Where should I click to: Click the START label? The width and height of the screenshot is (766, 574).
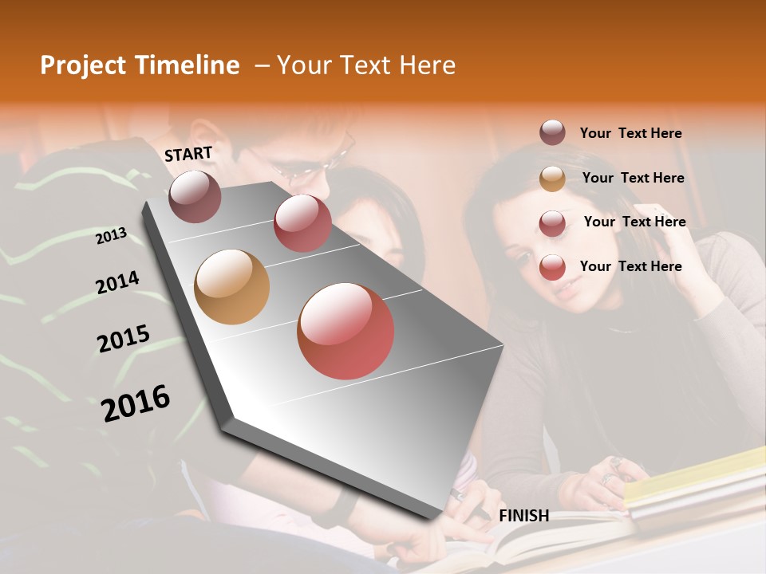point(188,153)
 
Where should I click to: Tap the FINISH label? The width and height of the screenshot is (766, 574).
point(523,516)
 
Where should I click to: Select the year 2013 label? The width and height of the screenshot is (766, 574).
point(112,236)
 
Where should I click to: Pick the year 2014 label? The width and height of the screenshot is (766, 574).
point(117,283)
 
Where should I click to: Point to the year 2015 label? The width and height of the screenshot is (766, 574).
point(123,339)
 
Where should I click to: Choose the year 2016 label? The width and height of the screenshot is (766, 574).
point(136,403)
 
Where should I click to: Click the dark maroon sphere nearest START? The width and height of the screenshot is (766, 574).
point(195,196)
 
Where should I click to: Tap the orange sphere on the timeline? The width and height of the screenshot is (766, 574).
point(231,287)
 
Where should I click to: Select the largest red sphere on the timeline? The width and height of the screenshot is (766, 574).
point(345,331)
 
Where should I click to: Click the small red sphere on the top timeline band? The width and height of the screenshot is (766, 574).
point(302,223)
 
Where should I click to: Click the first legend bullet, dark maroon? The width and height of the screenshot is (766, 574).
point(552,133)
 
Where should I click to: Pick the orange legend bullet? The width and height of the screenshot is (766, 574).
point(552,179)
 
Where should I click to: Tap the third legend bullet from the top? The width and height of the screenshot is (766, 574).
point(552,222)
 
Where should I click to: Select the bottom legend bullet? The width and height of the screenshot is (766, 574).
point(552,267)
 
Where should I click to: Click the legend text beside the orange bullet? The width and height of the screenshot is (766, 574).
point(633,178)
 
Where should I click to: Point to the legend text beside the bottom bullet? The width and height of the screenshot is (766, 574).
point(630,266)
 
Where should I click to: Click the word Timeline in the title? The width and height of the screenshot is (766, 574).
point(185,65)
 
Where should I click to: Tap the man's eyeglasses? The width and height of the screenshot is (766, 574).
point(307,163)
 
